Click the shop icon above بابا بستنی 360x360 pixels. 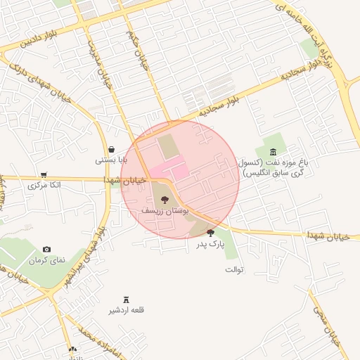[112, 149]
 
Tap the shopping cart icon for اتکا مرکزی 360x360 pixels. [44, 174]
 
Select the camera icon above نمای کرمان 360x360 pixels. [46, 249]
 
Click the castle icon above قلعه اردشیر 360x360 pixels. [127, 300]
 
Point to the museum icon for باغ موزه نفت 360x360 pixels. [273, 153]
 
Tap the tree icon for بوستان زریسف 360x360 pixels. [165, 200]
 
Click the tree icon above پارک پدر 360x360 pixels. [210, 233]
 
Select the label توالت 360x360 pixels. [233, 269]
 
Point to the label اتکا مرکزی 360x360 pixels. [44, 185]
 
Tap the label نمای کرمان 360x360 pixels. [46, 260]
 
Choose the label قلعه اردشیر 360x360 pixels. [127, 310]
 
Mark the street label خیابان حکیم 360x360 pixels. [136, 47]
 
